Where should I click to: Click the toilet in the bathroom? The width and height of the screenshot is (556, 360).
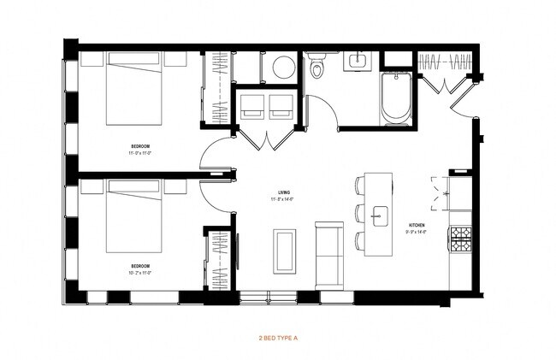pos(317,65)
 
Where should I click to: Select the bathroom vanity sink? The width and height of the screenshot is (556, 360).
pos(356,62)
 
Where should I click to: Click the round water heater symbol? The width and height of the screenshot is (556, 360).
pos(283,68)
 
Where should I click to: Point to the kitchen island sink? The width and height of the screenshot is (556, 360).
pos(379,214)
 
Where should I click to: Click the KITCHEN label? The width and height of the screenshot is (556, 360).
pos(417,227)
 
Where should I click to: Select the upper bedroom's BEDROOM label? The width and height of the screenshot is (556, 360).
pos(139,146)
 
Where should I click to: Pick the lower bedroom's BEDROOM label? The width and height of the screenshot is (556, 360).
pos(139,268)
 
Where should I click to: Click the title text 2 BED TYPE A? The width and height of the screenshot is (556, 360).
pos(277,339)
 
